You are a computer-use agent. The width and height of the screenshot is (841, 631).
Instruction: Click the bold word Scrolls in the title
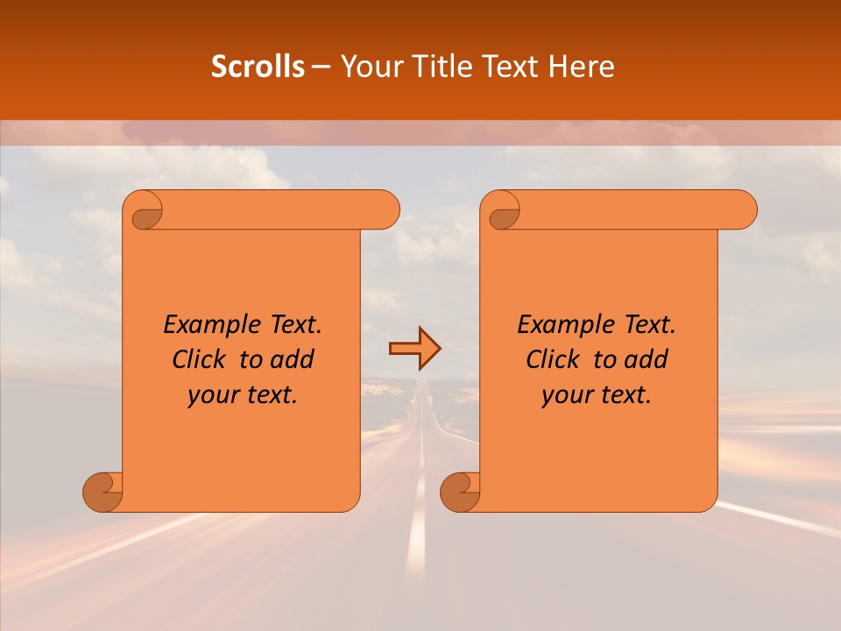[258, 67]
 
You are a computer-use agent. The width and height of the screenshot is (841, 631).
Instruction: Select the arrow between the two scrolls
[414, 349]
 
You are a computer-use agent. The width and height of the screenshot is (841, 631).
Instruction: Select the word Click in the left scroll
[197, 359]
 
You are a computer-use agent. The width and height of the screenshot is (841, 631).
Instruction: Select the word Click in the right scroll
[551, 359]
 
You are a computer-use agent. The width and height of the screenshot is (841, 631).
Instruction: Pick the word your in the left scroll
[211, 396]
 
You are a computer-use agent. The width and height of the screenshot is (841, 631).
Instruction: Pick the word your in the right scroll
[565, 396]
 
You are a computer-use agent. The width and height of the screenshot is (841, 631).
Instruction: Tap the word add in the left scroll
[293, 359]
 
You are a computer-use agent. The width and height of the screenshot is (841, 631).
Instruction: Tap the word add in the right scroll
[647, 359]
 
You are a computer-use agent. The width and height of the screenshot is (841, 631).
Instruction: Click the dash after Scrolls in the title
[321, 67]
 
